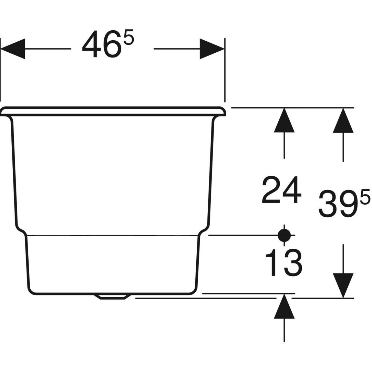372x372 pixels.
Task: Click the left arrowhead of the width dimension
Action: click(x=13, y=49)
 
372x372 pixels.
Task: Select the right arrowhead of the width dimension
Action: click(x=212, y=49)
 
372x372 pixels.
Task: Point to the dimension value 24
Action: click(x=281, y=190)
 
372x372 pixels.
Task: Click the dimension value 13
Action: click(x=283, y=262)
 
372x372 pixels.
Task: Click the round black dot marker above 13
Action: click(x=284, y=235)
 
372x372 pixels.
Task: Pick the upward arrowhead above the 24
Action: click(x=284, y=120)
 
